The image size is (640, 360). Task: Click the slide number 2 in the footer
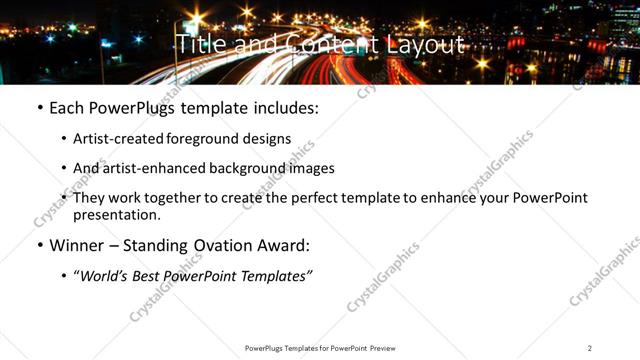590,348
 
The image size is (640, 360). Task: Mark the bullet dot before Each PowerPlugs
39,108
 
